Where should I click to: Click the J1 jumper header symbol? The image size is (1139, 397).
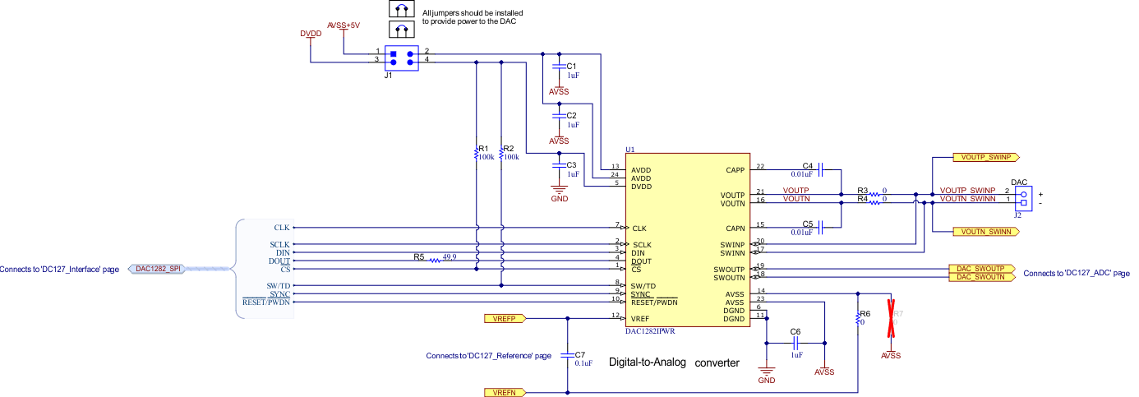(402, 57)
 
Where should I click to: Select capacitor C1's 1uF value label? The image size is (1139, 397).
(573, 75)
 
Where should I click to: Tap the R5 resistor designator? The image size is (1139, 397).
(419, 257)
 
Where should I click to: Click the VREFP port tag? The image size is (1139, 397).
(503, 317)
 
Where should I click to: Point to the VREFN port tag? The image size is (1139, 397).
(503, 394)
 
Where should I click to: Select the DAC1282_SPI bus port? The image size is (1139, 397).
(158, 269)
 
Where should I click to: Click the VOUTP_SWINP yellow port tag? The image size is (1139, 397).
(985, 156)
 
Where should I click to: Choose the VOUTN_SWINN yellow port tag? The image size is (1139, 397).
(985, 232)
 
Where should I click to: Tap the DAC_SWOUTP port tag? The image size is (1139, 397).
(981, 269)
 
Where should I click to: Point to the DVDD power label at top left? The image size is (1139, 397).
(310, 34)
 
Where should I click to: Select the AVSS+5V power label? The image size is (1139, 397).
(344, 25)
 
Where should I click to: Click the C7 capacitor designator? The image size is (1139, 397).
(580, 353)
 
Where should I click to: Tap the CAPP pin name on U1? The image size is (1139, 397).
(735, 170)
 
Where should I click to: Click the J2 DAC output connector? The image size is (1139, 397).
(1023, 198)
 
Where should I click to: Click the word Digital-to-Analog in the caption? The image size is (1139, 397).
(648, 362)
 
